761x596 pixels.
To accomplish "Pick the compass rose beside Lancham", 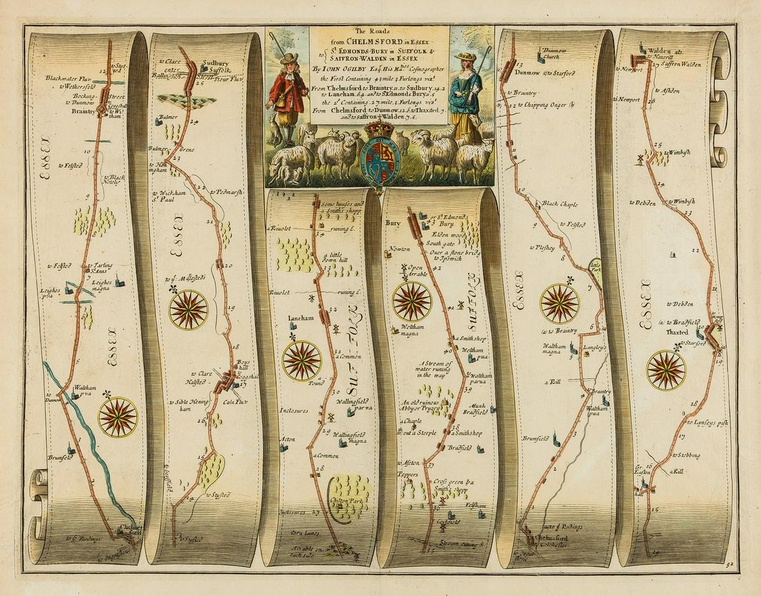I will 302,361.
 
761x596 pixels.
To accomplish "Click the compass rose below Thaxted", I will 666,370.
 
